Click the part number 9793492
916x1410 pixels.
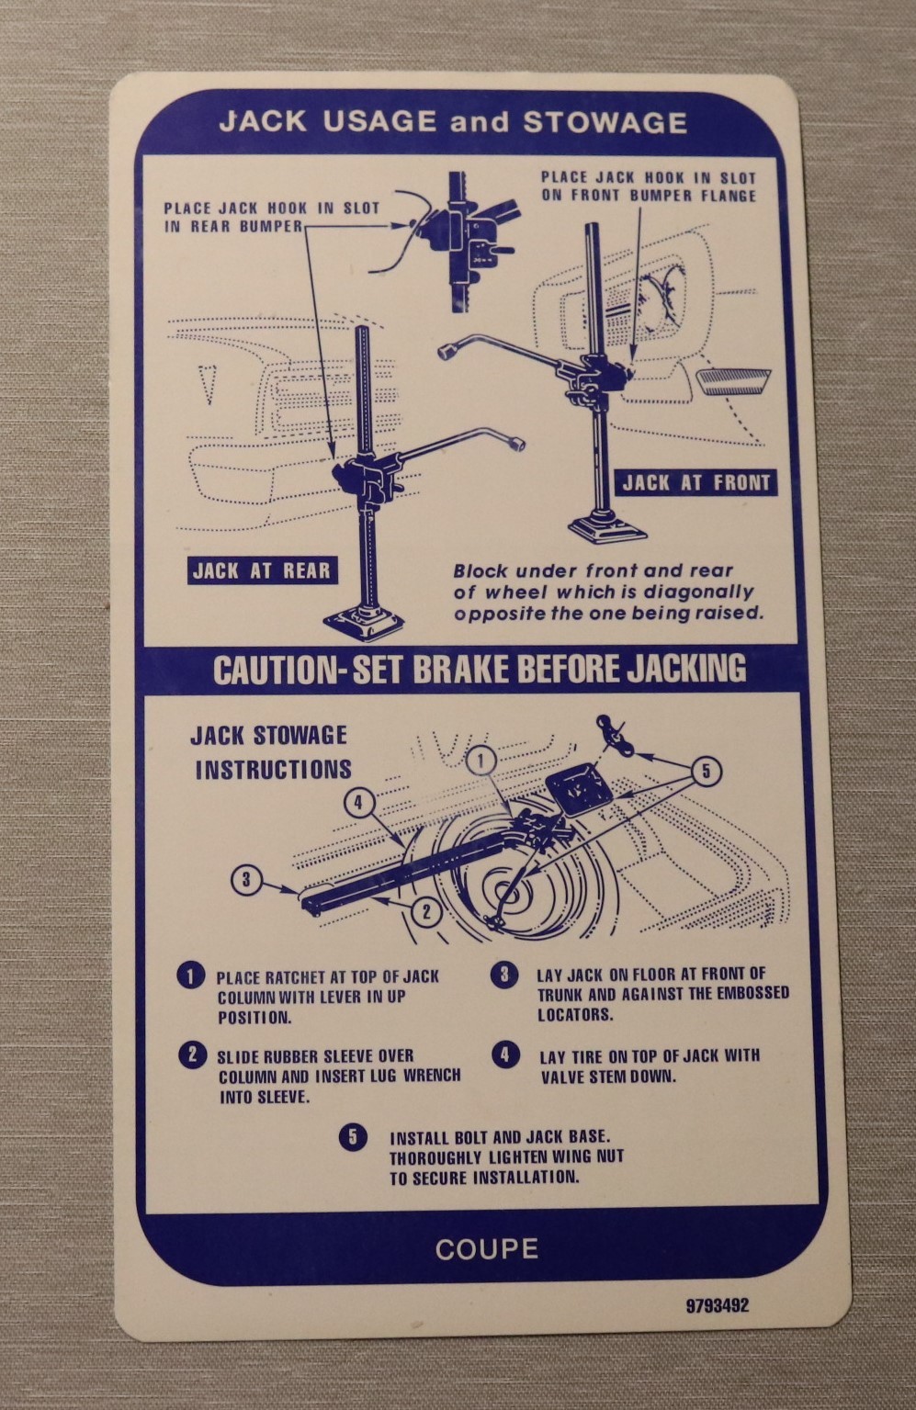point(717,1305)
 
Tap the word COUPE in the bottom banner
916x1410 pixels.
point(487,1249)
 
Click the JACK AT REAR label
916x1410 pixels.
point(262,570)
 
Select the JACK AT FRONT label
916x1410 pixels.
point(695,483)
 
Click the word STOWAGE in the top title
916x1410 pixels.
point(605,122)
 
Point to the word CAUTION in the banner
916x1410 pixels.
point(273,670)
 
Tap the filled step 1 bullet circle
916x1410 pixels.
point(191,976)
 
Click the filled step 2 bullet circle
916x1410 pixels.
point(193,1055)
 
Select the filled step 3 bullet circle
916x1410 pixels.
point(504,975)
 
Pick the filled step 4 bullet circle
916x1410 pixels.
point(505,1055)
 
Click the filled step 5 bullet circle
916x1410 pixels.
point(353,1137)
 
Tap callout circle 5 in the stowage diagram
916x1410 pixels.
point(707,771)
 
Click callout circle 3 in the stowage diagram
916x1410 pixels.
point(246,879)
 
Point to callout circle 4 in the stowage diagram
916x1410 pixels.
point(359,803)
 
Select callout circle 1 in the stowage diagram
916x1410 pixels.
point(481,761)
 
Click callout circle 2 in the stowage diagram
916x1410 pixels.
point(427,912)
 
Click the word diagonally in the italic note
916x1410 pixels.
point(698,592)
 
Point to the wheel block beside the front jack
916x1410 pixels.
point(733,381)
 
